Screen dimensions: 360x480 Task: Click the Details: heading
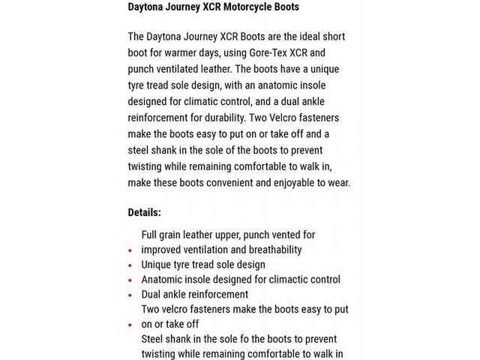[x=144, y=212]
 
